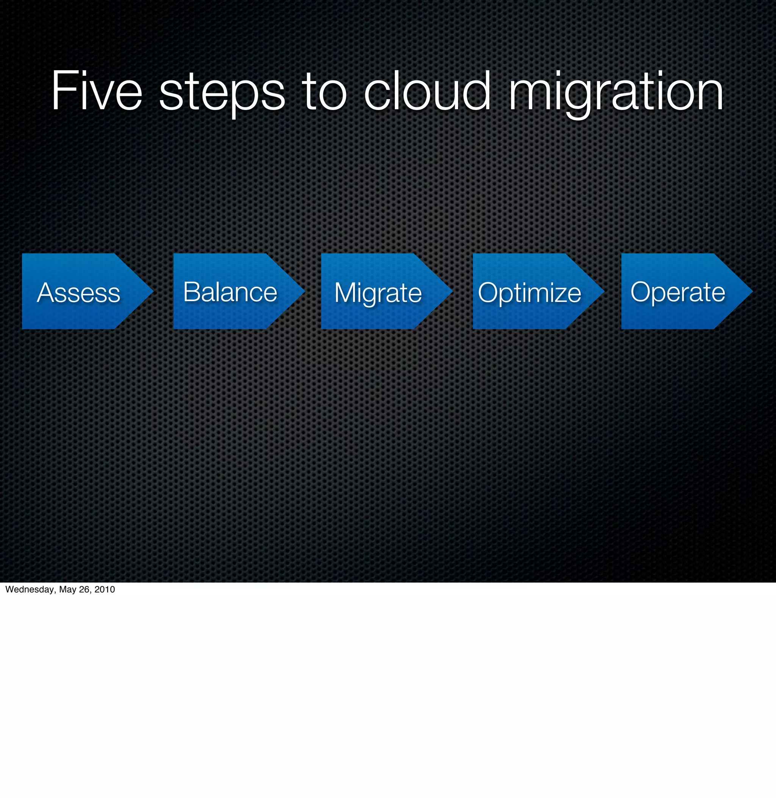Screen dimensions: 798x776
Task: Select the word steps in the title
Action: (x=222, y=93)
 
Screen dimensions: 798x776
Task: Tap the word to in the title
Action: (x=324, y=91)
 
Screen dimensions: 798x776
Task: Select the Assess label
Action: (x=79, y=292)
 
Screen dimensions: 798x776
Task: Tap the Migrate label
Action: (x=378, y=292)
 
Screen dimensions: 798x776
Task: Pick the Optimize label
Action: (x=529, y=293)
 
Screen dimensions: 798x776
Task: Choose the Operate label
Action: (x=678, y=292)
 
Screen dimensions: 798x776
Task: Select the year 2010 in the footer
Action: (x=105, y=589)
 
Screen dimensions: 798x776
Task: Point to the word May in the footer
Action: (x=68, y=589)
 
